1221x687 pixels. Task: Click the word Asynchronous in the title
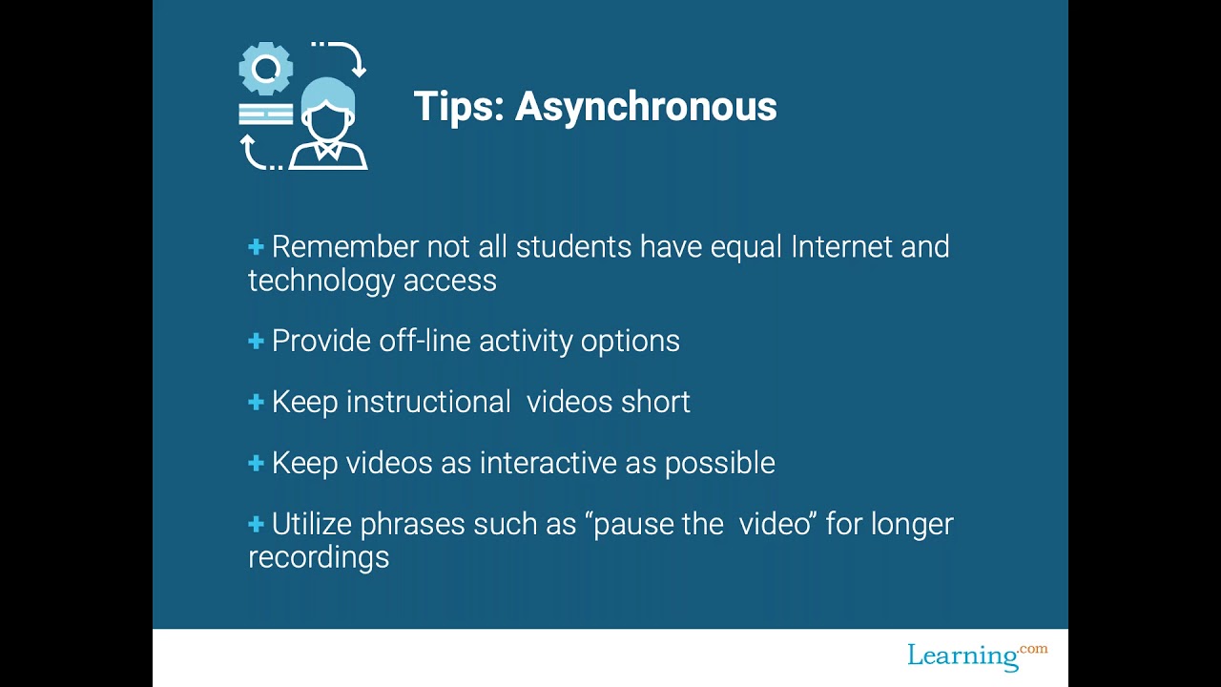646,107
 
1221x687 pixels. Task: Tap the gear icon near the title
265,69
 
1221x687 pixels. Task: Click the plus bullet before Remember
256,247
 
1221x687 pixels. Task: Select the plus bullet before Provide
256,341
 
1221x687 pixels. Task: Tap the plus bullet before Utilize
256,524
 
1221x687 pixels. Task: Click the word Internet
842,247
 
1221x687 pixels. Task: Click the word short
655,402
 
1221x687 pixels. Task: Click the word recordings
319,557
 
